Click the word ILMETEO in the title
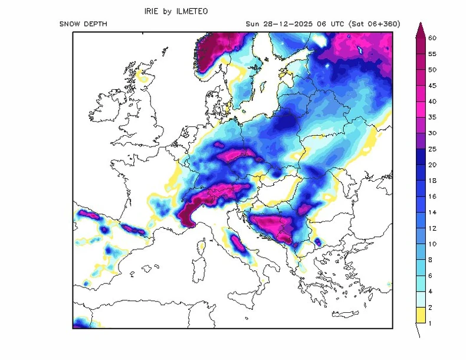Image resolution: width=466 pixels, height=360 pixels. [191, 11]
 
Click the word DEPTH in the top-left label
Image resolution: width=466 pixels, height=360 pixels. [96, 24]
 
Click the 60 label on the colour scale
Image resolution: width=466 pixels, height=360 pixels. [432, 38]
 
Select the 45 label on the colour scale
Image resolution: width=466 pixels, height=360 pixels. [432, 86]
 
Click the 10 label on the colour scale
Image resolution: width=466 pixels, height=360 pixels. [432, 244]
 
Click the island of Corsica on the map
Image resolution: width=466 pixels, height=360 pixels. [202, 246]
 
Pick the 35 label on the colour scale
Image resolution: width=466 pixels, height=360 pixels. [432, 117]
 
